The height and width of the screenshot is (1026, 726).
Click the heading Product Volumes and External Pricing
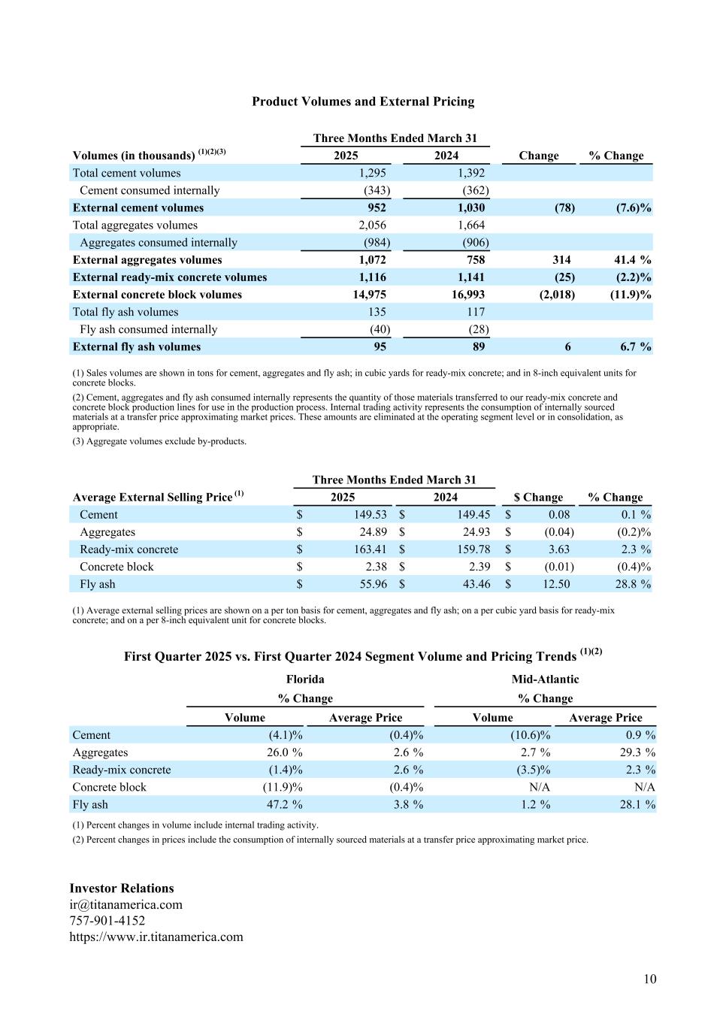pyautogui.click(x=363, y=101)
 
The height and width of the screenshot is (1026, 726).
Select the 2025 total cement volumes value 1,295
pyautogui.click(x=372, y=173)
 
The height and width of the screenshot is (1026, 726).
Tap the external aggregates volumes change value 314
pyautogui.click(x=561, y=260)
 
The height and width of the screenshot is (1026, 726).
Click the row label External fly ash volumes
pyautogui.click(x=137, y=347)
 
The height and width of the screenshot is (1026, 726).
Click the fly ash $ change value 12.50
pyautogui.click(x=556, y=584)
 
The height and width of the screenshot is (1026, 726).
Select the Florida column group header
pyautogui.click(x=305, y=679)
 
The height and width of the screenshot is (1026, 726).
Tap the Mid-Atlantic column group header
pyautogui.click(x=545, y=679)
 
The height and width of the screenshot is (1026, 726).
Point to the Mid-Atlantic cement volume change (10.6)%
pyautogui.click(x=531, y=735)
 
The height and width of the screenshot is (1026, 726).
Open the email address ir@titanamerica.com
pyautogui.click(x=126, y=905)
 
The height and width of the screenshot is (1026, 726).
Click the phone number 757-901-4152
pyautogui.click(x=107, y=921)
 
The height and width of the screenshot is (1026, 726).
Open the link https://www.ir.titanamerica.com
pyautogui.click(x=156, y=937)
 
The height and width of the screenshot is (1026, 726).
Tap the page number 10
pyautogui.click(x=649, y=979)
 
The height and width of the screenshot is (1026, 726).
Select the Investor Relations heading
pyautogui.click(x=122, y=888)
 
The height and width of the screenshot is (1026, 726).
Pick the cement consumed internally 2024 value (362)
pyautogui.click(x=476, y=191)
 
